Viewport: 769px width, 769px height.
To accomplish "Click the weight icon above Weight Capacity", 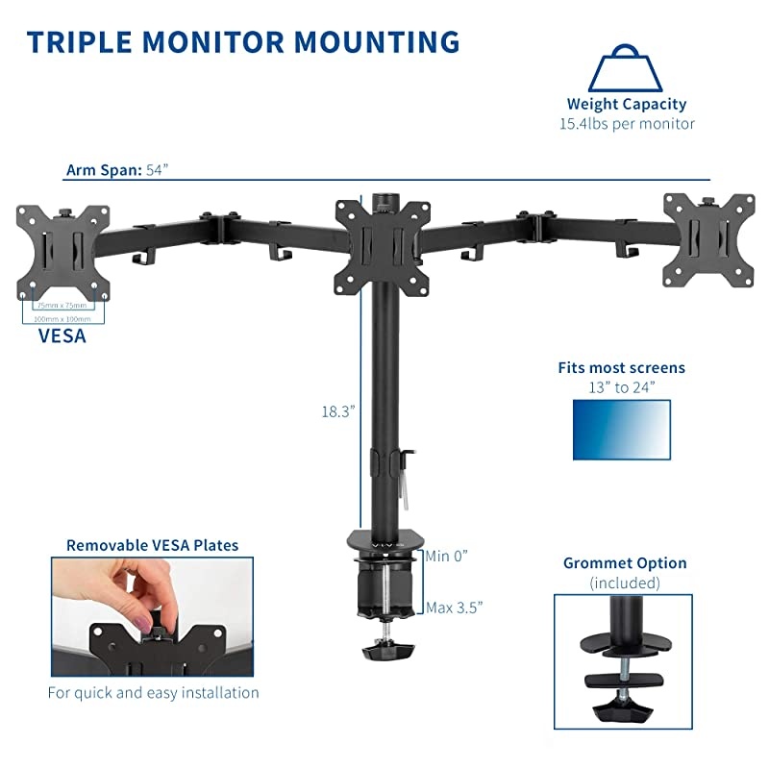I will point(627,68).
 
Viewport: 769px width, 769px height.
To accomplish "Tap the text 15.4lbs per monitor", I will point(627,124).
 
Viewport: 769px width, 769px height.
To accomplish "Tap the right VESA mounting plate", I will point(709,239).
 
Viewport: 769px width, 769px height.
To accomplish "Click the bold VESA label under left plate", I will point(62,336).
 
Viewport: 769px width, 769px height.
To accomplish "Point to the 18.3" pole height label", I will point(338,410).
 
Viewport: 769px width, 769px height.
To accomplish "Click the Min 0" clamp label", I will point(447,556).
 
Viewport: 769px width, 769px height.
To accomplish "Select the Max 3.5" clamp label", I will point(453,607).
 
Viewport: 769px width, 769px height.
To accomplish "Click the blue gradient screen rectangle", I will point(621,429).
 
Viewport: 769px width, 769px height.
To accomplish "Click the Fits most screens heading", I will point(623,368).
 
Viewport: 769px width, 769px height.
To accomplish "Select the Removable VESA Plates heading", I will point(152,545).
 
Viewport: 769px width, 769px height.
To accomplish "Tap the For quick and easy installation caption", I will point(153,692).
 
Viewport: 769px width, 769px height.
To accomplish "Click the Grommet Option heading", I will point(625,563).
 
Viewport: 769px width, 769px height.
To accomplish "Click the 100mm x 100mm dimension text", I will point(62,318).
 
